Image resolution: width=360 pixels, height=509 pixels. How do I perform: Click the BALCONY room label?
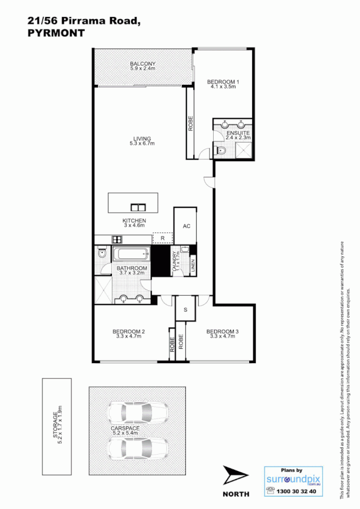[142, 64]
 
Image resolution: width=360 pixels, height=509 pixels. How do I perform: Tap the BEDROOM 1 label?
[223, 82]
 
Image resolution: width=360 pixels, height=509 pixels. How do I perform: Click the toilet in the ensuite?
[222, 150]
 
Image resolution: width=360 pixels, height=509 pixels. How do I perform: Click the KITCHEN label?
[135, 220]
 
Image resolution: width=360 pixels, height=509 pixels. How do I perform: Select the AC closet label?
[186, 226]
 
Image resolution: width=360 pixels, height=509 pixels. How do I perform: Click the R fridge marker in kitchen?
[162, 239]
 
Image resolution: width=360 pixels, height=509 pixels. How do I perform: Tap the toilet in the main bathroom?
[102, 254]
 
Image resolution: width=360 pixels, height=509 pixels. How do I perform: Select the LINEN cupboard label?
[193, 266]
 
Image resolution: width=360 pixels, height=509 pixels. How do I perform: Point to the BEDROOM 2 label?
[129, 331]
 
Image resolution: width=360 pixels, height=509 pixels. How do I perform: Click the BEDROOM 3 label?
[222, 331]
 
